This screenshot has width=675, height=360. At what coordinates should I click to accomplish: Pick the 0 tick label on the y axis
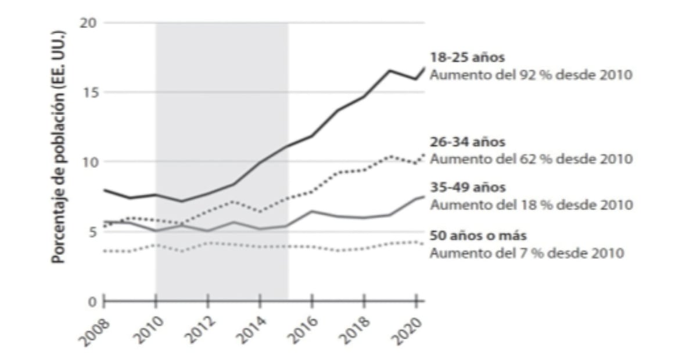coord(93,301)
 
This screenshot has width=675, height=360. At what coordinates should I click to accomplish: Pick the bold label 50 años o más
coord(474,236)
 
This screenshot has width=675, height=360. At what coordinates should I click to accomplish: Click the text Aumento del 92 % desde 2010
coord(529,75)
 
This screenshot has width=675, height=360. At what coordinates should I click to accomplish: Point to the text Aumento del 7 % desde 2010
coord(527,253)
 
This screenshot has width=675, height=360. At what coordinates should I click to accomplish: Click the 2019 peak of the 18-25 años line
coord(389,70)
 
